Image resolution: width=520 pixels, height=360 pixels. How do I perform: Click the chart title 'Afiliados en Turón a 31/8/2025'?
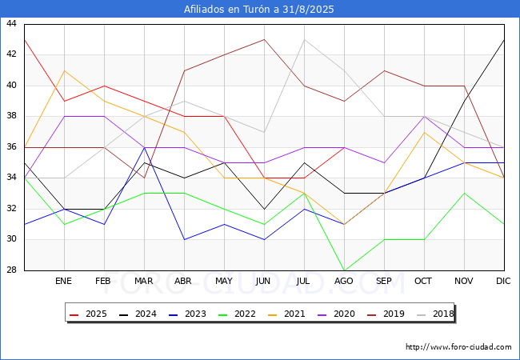click(258, 10)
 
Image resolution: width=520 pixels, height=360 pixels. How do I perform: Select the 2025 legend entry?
click(88, 314)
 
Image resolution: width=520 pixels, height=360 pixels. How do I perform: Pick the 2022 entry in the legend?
click(237, 314)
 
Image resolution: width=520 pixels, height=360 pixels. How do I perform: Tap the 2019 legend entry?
click(386, 314)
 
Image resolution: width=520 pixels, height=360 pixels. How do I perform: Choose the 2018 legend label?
click(435, 314)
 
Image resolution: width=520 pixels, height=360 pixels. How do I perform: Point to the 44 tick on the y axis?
click(11, 23)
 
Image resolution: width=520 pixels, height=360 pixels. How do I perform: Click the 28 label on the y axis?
click(11, 270)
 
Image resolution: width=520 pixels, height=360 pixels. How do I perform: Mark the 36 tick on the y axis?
click(11, 146)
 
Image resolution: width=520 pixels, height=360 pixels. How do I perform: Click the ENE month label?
click(63, 281)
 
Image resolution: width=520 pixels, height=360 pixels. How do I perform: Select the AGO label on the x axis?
click(343, 281)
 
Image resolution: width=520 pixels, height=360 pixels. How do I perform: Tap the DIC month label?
click(503, 281)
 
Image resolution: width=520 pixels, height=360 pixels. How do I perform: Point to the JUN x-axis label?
click(263, 281)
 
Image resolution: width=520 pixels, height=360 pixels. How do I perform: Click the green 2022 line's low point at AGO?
click(345, 270)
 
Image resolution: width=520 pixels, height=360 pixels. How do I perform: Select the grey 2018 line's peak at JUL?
click(305, 40)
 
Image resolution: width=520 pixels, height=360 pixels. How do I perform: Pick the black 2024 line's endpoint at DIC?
click(504, 40)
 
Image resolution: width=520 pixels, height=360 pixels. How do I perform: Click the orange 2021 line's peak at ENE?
click(64, 70)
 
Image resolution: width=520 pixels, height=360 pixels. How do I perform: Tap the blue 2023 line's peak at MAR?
click(144, 147)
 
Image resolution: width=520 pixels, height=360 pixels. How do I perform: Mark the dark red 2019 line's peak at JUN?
click(264, 40)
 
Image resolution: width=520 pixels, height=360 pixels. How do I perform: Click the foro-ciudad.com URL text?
click(458, 347)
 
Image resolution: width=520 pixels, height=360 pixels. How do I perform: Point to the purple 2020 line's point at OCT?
click(425, 117)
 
